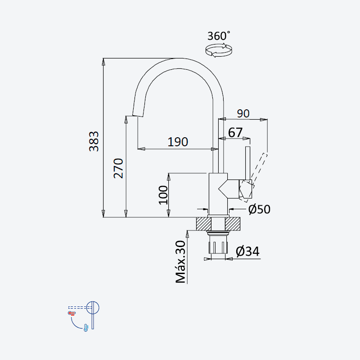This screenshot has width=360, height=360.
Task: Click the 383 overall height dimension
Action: click(x=94, y=141)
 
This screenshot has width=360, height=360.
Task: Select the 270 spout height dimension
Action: click(x=118, y=168)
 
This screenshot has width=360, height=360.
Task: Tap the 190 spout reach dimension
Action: click(x=178, y=142)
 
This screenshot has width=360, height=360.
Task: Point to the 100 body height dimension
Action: click(x=163, y=195)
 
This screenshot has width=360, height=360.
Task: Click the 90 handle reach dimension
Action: click(x=243, y=113)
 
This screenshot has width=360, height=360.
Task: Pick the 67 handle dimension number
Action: click(x=235, y=132)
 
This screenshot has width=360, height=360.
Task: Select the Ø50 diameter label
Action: click(x=260, y=209)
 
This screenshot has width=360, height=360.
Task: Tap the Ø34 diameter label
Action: click(x=247, y=251)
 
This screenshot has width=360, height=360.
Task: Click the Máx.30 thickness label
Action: click(x=180, y=262)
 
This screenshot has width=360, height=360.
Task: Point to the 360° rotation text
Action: click(x=219, y=36)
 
